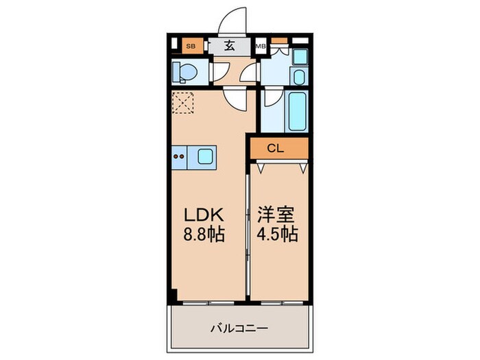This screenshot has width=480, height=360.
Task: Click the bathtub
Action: coord(298,110)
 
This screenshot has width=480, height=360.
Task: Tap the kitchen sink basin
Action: coord(206,156)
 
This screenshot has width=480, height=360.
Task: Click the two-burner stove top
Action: coord(180,156)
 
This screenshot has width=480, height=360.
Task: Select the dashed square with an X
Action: coord(182,104)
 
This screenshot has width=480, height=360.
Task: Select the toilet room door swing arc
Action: coord(219,71)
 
